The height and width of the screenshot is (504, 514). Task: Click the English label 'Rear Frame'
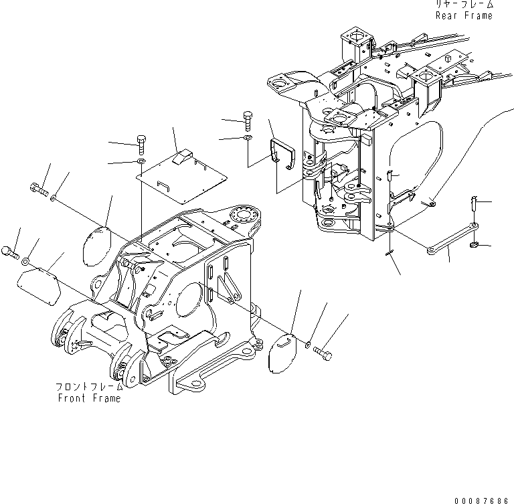(x=464, y=15)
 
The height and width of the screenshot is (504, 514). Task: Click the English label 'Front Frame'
(x=89, y=398)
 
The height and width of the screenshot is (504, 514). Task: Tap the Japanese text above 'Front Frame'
(x=90, y=387)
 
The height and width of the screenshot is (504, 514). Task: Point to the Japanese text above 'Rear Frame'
(x=464, y=5)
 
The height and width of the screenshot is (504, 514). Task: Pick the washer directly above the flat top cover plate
(x=141, y=162)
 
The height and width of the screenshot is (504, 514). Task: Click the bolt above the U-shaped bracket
(x=248, y=121)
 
